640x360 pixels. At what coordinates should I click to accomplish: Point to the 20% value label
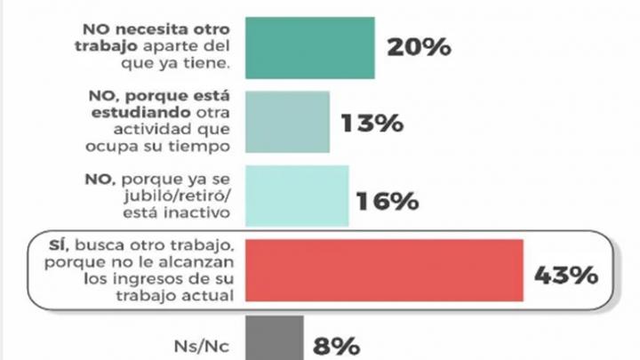(418, 47)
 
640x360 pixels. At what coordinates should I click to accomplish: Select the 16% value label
(388, 200)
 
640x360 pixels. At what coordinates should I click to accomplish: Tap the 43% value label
(564, 276)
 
